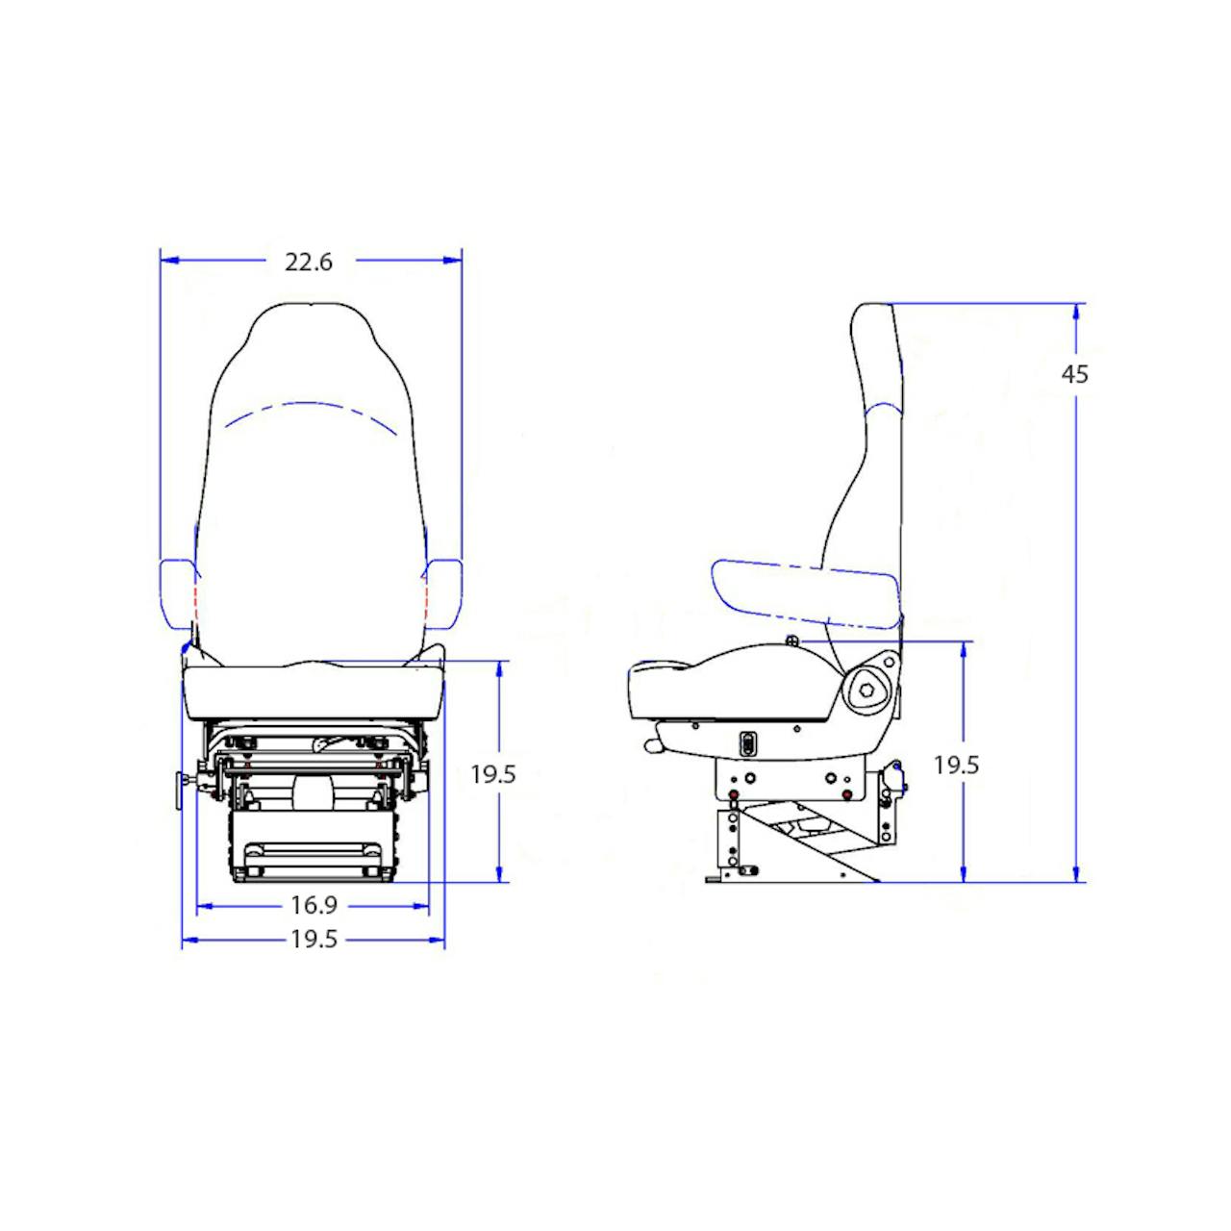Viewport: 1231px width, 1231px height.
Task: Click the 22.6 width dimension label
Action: coord(309,262)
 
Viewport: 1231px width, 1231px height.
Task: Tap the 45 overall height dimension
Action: coord(1074,374)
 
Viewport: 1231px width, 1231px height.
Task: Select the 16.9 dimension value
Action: coord(314,905)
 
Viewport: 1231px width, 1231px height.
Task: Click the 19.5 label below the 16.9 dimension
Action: coord(314,939)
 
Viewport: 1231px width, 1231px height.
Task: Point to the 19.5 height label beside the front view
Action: coord(493,774)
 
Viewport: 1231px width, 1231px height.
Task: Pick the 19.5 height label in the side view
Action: coord(956,765)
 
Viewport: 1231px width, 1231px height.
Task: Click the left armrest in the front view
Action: coord(177,593)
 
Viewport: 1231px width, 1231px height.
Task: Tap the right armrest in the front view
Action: coord(442,593)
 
